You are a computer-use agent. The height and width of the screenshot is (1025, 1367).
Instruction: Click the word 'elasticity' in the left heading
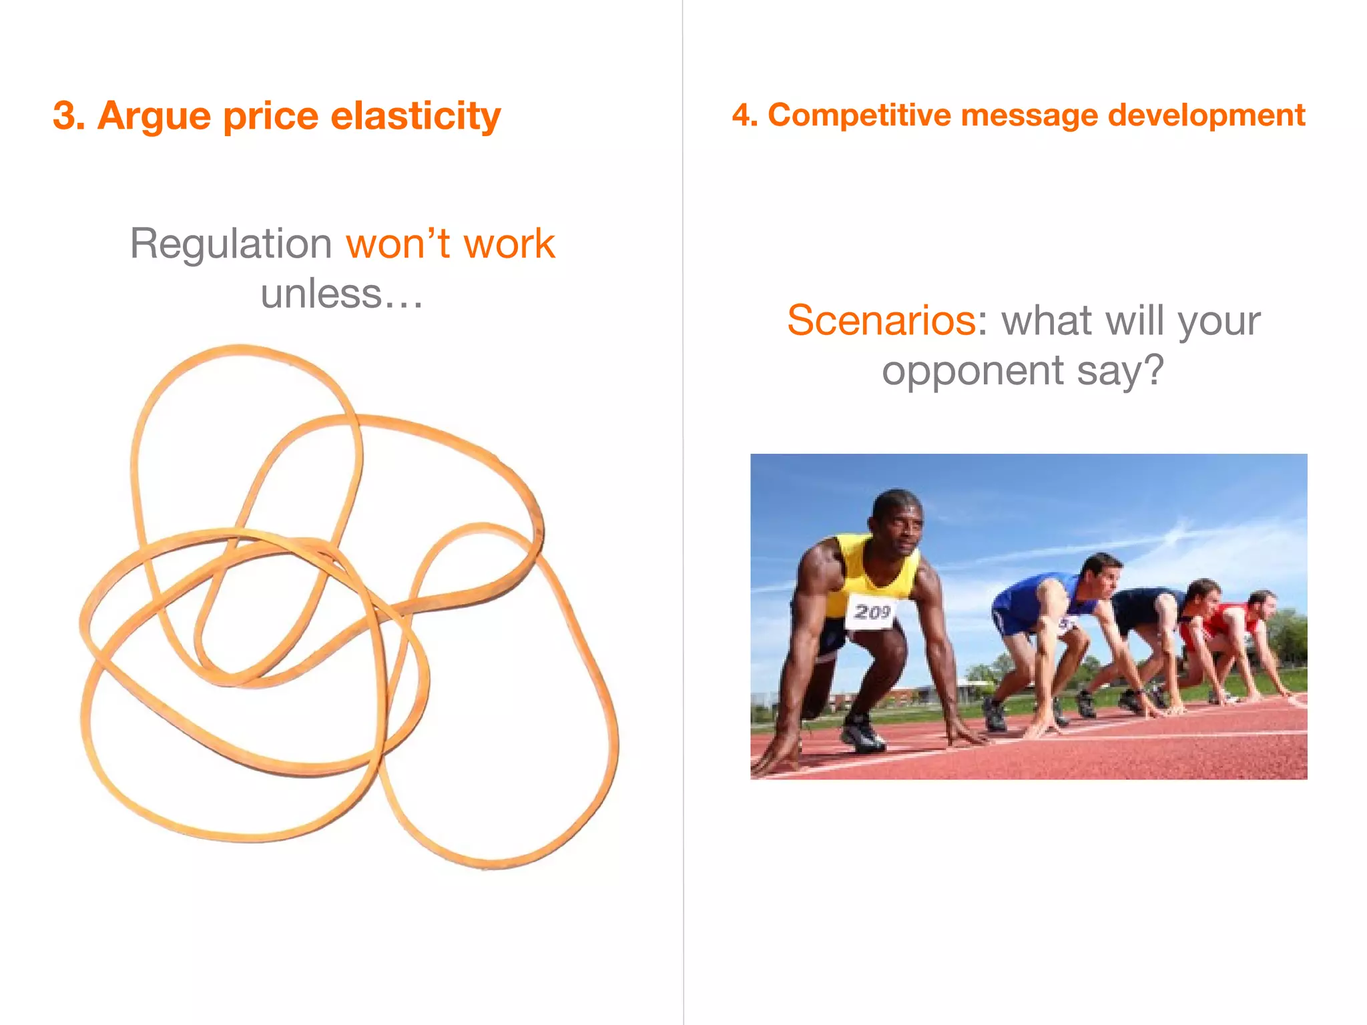click(x=415, y=115)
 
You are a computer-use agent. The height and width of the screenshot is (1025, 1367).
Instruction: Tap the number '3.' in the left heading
click(x=69, y=115)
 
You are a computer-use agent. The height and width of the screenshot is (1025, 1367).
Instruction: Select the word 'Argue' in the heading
click(x=154, y=117)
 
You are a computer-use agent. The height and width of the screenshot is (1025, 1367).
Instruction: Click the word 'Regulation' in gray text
click(x=230, y=244)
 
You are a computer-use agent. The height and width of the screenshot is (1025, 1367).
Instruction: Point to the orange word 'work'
click(x=509, y=244)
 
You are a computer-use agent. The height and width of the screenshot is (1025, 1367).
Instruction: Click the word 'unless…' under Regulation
click(x=342, y=294)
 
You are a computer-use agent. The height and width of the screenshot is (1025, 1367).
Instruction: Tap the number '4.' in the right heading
click(x=745, y=115)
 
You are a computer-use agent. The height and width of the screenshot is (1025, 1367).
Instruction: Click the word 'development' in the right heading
click(x=1206, y=115)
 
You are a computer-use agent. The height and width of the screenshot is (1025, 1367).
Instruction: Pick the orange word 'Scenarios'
click(x=881, y=320)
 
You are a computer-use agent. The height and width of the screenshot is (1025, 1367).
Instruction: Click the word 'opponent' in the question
click(x=973, y=370)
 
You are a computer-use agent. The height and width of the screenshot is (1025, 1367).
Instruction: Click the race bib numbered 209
click(x=872, y=611)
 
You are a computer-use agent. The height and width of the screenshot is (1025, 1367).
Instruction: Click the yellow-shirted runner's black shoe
click(x=862, y=734)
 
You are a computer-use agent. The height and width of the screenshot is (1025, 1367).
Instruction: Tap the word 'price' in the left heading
click(x=270, y=117)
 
